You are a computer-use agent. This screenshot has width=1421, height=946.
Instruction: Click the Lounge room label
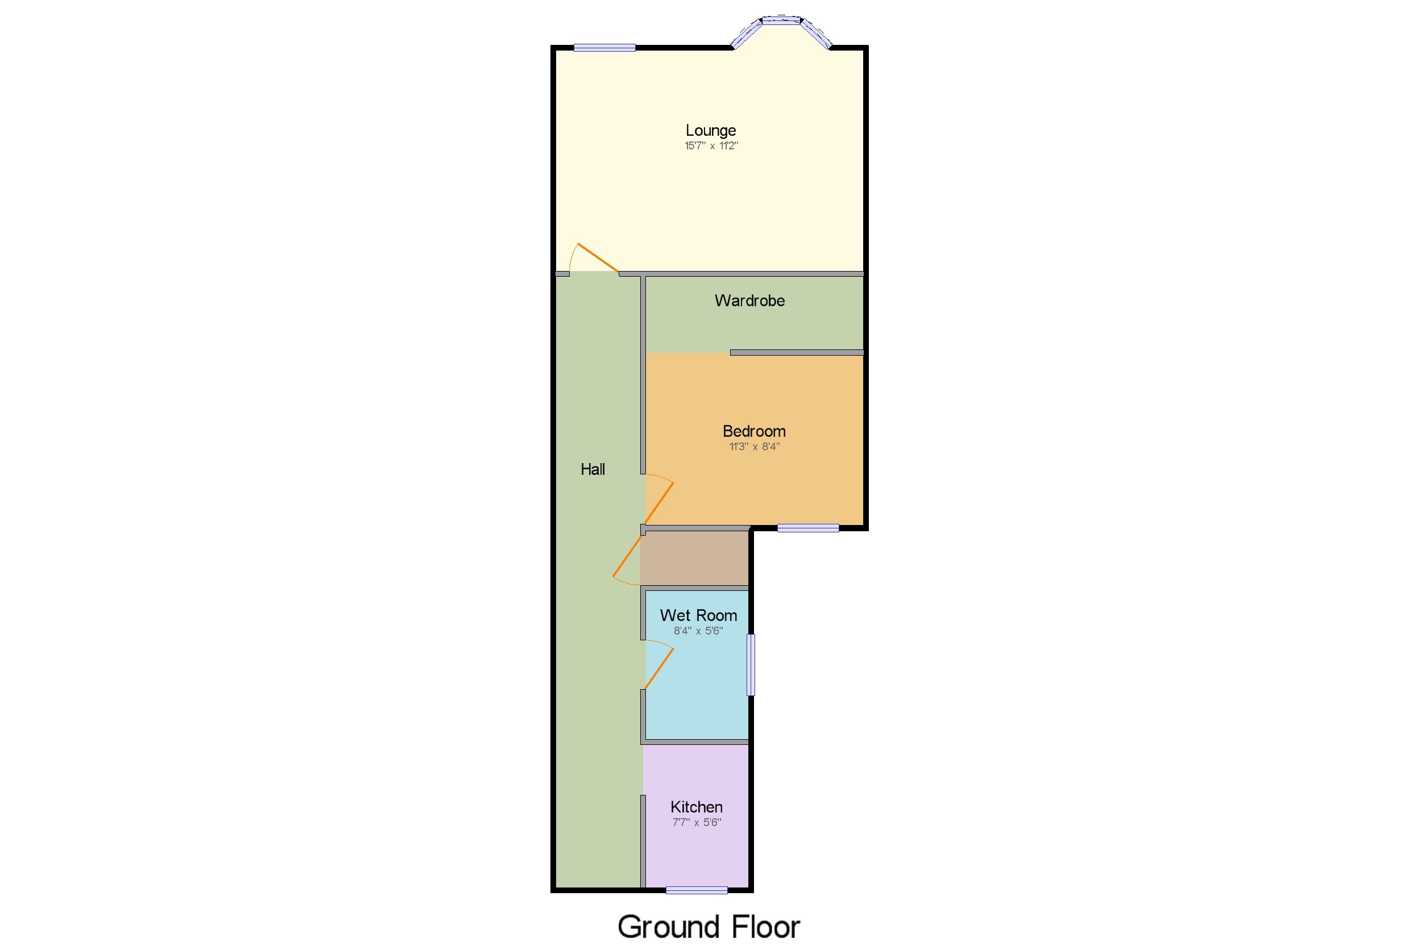(x=711, y=130)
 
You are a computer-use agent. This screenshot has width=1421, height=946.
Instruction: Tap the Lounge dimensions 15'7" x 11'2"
(x=711, y=145)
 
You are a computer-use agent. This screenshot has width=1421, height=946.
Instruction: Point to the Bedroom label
(x=753, y=431)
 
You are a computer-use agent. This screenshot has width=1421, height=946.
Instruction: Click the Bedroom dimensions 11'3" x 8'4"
(x=753, y=447)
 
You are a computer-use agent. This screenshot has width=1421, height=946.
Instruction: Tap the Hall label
(x=592, y=469)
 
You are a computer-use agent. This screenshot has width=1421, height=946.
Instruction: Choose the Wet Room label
(x=698, y=615)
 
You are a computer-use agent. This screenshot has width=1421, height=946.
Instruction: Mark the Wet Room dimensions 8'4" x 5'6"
(x=698, y=631)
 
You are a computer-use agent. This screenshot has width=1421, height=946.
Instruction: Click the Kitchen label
(x=696, y=807)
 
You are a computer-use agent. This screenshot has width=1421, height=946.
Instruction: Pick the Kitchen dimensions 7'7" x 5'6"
(x=696, y=822)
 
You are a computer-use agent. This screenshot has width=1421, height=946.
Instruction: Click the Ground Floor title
(x=708, y=926)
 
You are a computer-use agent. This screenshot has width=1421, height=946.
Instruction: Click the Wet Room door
(x=659, y=668)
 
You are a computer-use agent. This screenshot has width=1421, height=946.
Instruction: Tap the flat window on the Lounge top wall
(x=604, y=48)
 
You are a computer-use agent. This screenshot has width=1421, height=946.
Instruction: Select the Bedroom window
(x=807, y=528)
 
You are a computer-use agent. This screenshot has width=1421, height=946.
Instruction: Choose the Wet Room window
(x=751, y=664)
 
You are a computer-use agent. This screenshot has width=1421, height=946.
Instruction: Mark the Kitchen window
(x=696, y=890)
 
